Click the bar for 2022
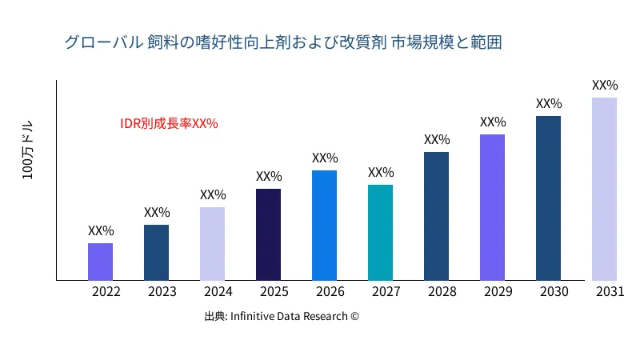(100, 262)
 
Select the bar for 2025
(268, 234)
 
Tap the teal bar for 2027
(380, 232)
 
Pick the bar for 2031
(604, 189)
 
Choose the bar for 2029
(492, 207)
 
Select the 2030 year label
(554, 292)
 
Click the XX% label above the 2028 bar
(437, 140)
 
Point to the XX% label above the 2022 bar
(101, 231)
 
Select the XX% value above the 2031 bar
(605, 86)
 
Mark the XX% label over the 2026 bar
(325, 158)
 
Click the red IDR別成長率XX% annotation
(169, 124)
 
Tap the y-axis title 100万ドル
(28, 152)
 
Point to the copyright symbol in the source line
(354, 317)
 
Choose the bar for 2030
(548, 198)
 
